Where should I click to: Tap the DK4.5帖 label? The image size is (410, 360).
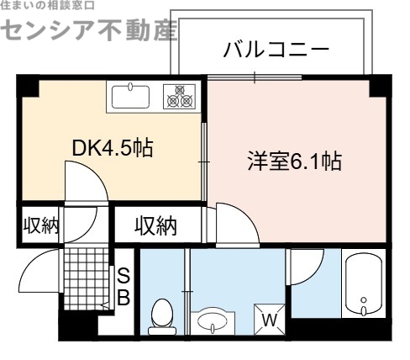click(x=112, y=148)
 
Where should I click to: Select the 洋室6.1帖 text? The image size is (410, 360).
click(x=294, y=161)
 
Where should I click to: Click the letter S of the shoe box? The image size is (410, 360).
click(x=123, y=275)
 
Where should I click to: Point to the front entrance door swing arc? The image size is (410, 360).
click(x=38, y=267)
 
